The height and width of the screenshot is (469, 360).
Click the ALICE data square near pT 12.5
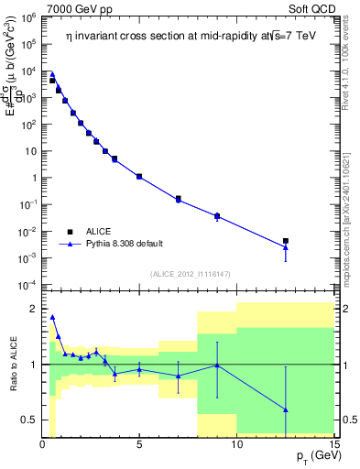[286, 241]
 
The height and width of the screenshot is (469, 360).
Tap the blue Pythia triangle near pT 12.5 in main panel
[286, 247]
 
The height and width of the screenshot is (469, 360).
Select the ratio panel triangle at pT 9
[217, 365]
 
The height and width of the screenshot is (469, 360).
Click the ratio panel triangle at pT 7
[178, 376]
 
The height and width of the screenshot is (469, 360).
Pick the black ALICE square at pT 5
[139, 176]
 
